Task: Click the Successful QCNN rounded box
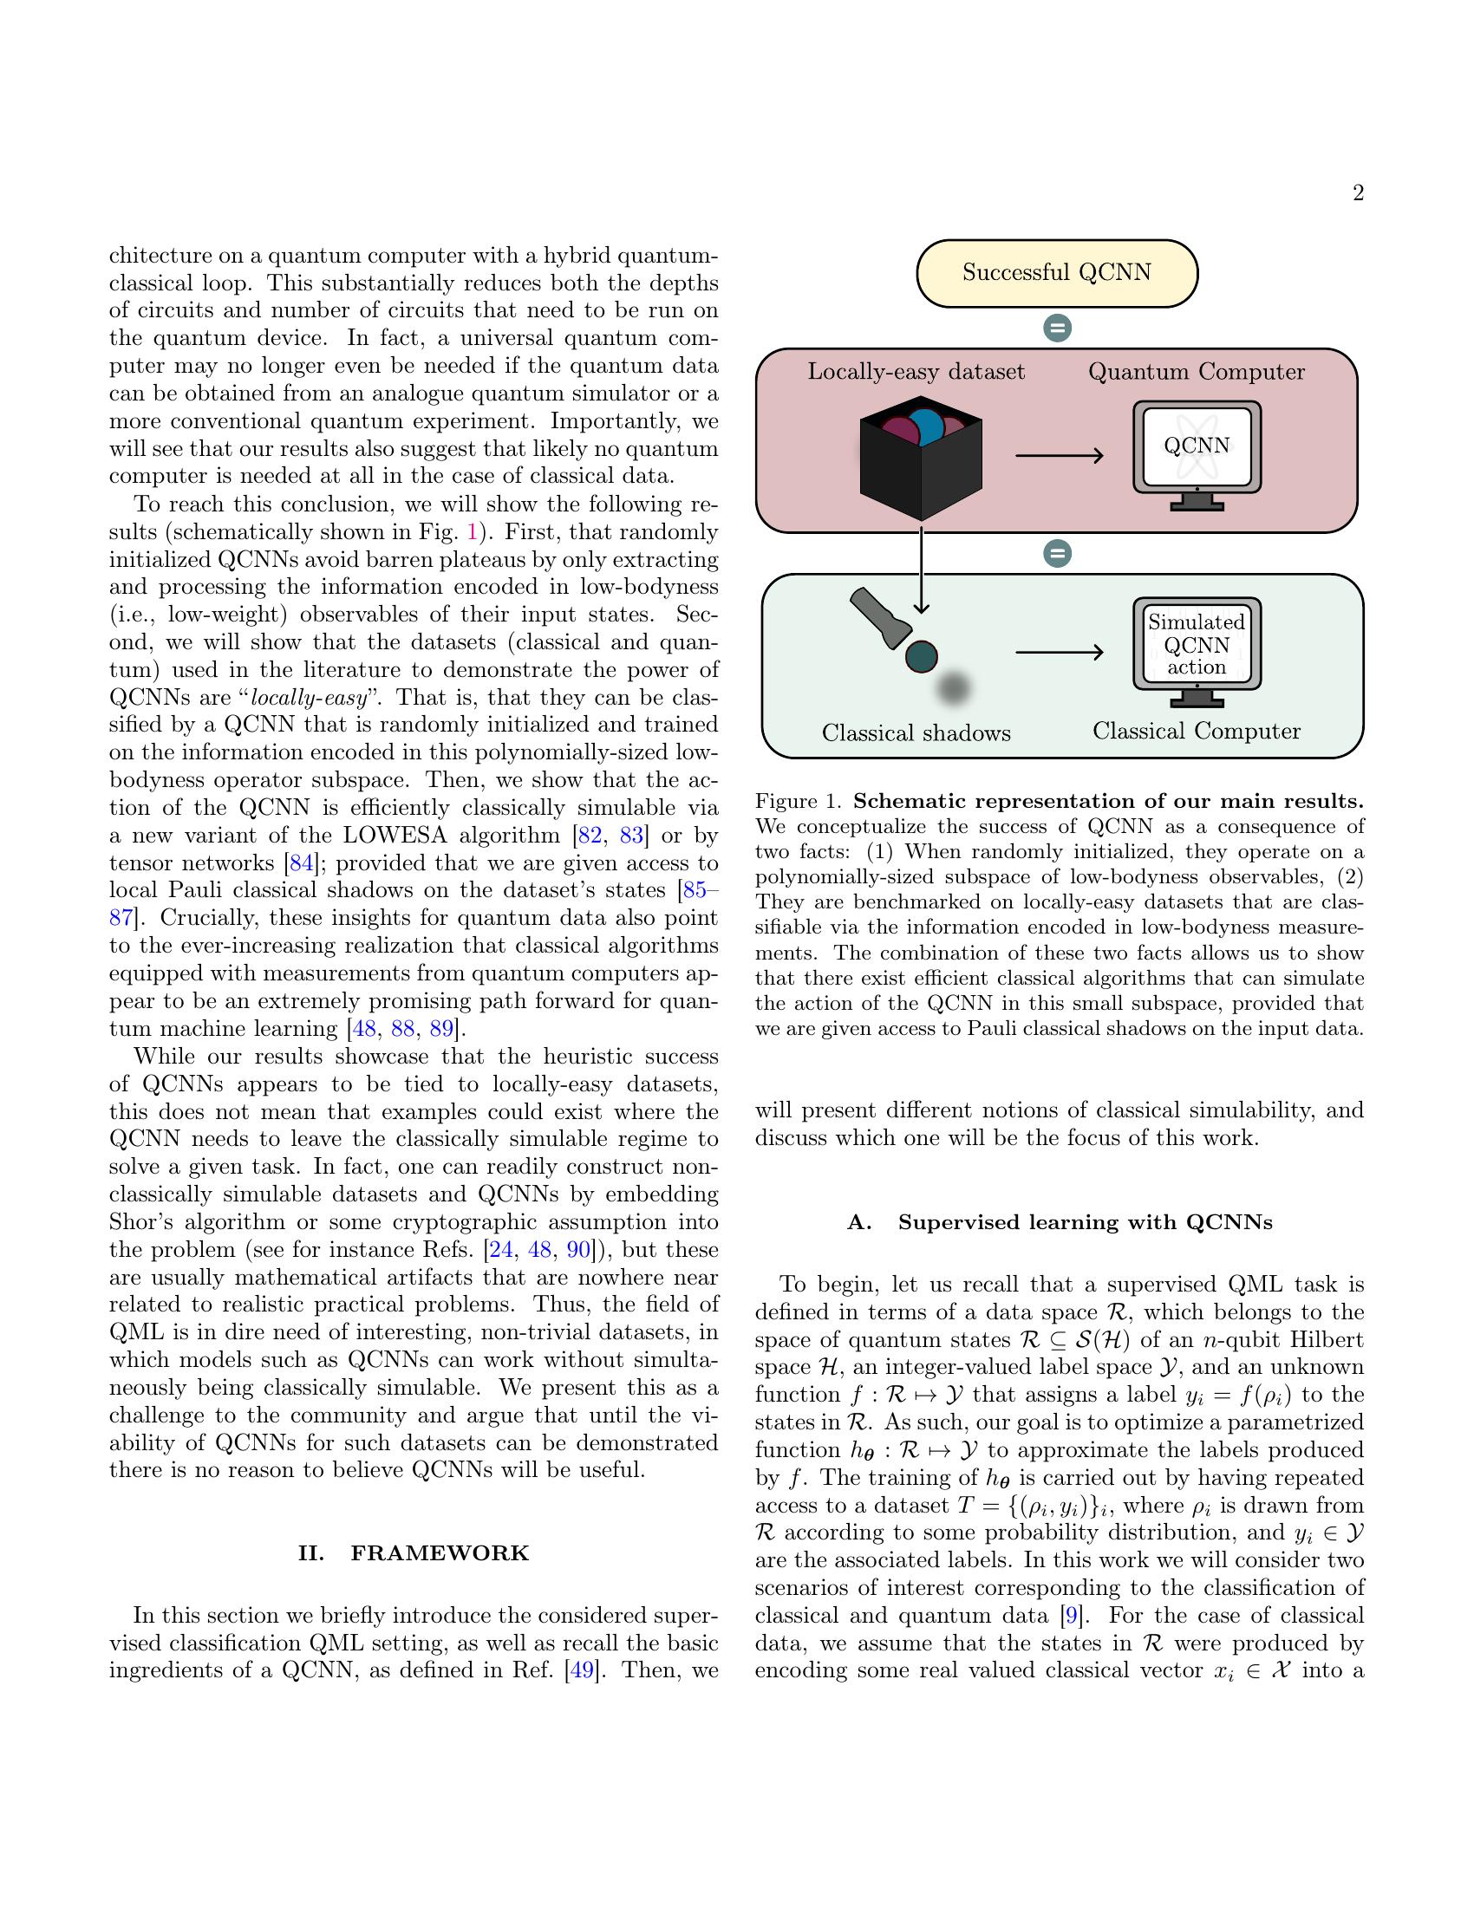click(x=1057, y=273)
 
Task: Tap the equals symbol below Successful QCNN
click(x=1058, y=329)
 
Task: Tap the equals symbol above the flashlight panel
click(x=1058, y=554)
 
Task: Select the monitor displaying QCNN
click(x=1197, y=454)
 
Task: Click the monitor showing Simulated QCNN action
click(x=1197, y=649)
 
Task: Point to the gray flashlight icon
click(x=879, y=617)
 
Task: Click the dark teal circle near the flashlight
click(x=920, y=656)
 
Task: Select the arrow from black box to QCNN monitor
click(x=1060, y=455)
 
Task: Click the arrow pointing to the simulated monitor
click(x=1060, y=652)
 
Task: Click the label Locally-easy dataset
click(x=916, y=372)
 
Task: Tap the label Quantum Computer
click(x=1197, y=372)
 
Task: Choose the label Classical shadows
click(x=916, y=733)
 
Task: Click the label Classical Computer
click(x=1197, y=732)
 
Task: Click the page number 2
click(x=1358, y=194)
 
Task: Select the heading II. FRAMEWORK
click(x=414, y=1553)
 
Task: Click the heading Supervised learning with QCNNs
click(x=1060, y=1222)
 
